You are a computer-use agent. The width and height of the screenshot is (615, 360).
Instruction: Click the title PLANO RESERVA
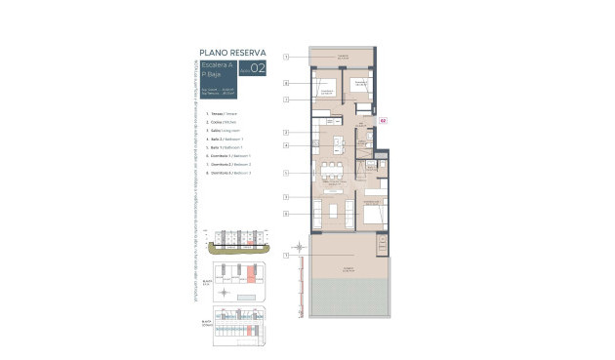[232, 52]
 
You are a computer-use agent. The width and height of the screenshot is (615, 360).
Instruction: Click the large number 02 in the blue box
[257, 68]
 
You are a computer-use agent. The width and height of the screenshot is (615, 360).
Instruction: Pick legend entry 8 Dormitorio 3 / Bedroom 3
[225, 172]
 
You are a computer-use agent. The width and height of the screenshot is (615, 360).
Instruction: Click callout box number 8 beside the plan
[286, 214]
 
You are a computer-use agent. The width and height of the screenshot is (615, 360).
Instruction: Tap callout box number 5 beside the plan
[286, 174]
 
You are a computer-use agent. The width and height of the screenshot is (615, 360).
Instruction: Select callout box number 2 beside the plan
[286, 132]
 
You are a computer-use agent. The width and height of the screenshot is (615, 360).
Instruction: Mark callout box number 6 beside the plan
[286, 84]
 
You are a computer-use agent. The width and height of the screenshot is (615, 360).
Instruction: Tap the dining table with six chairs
[333, 175]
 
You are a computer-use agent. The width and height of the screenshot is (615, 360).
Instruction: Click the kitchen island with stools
[337, 145]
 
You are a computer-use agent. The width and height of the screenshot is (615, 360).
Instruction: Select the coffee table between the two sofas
[333, 211]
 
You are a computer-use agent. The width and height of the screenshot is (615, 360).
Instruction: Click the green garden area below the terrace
[350, 298]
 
